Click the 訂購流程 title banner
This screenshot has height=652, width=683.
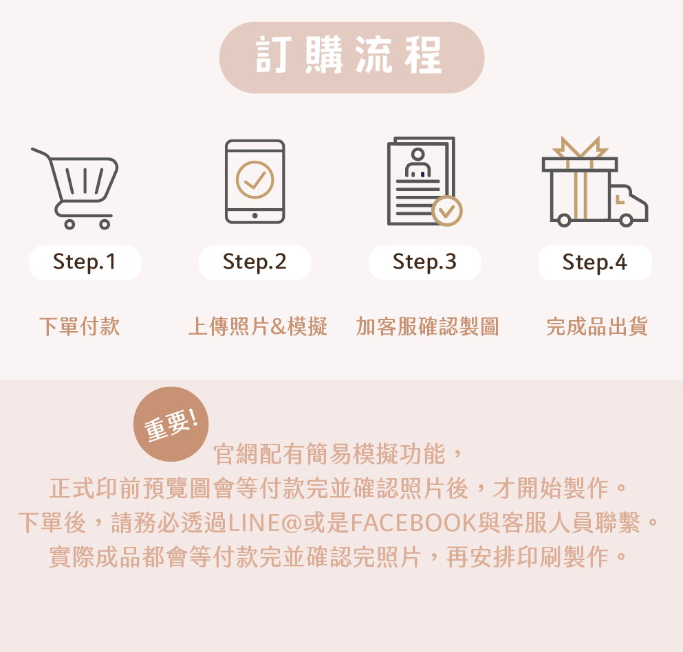pos(351,58)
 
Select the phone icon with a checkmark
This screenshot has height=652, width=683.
pos(254,181)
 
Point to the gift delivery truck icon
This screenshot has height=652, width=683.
pos(594,181)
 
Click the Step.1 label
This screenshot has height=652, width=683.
pos(85,262)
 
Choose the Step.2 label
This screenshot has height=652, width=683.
pos(254,262)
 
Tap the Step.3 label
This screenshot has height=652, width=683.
pos(424,262)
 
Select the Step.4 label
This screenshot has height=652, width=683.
pos(595,262)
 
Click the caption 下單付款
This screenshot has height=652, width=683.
pos(80,326)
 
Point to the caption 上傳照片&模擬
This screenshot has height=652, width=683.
pos(258,326)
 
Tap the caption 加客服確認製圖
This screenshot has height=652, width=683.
pos(427,326)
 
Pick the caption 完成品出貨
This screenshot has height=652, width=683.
pos(597,326)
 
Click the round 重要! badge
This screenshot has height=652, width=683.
pos(171,424)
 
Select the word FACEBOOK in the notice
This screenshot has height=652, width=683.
pos(413,523)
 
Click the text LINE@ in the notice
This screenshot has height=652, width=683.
pos(265,523)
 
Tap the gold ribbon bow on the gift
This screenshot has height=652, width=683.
pos(580,146)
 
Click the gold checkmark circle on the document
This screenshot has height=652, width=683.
pos(447,211)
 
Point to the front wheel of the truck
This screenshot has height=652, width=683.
pos(627,220)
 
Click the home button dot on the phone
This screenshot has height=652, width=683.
pos(254,215)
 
